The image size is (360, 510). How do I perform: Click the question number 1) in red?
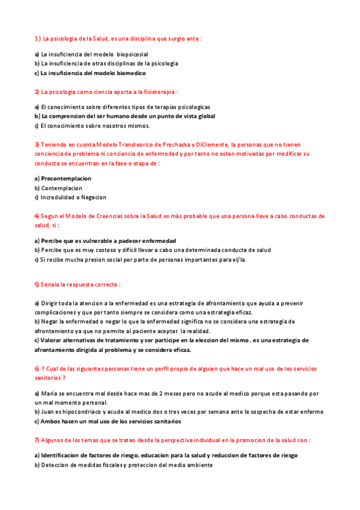(37, 38)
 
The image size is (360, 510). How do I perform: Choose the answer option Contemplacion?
(61, 188)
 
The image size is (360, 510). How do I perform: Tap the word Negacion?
(93, 197)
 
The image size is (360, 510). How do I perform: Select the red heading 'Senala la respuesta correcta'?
(77, 284)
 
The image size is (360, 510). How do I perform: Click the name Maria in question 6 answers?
(49, 393)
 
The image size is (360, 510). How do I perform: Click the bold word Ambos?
(50, 421)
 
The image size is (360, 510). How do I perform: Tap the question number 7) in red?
(37, 440)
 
